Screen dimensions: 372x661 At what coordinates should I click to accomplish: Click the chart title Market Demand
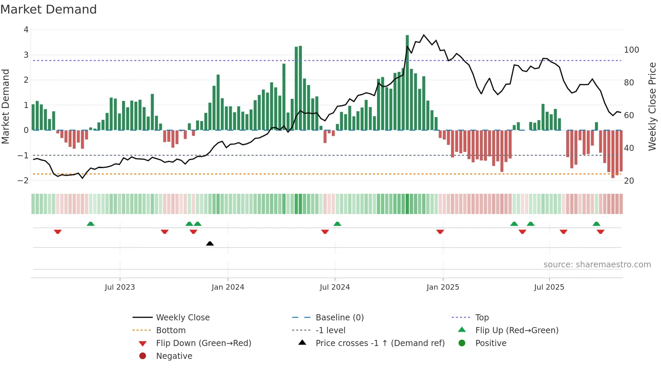click(49, 9)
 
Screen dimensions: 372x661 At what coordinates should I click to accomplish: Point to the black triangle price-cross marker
click(210, 243)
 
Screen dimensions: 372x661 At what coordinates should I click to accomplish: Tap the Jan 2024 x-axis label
click(228, 287)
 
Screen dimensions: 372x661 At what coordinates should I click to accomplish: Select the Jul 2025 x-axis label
click(549, 287)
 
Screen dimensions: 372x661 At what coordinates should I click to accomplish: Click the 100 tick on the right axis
click(631, 50)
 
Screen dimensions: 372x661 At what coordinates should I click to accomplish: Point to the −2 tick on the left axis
click(23, 181)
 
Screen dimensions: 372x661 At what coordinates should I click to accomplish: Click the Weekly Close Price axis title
click(652, 106)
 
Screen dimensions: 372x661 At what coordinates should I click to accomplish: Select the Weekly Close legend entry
click(182, 318)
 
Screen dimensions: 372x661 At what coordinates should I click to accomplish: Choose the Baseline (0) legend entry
click(339, 318)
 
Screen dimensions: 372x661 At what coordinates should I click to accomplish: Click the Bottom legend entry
click(171, 330)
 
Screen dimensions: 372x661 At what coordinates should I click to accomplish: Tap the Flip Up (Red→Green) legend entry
click(517, 330)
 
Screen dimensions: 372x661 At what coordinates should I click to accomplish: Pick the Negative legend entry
click(174, 356)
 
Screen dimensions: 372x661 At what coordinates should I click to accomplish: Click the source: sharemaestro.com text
click(597, 265)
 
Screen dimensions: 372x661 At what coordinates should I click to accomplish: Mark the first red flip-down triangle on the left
click(58, 232)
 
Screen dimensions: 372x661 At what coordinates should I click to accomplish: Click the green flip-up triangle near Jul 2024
click(337, 224)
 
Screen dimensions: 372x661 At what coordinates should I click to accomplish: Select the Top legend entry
click(482, 318)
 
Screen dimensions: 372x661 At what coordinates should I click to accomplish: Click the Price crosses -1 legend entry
click(380, 343)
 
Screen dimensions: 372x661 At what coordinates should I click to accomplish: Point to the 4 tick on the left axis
click(26, 30)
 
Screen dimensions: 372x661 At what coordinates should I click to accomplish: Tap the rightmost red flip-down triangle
click(600, 232)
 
